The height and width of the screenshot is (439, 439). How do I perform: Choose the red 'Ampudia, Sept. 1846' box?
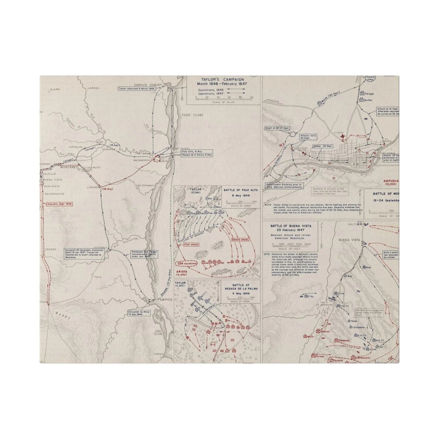tap(59, 204)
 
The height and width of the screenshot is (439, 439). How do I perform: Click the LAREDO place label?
tap(94, 88)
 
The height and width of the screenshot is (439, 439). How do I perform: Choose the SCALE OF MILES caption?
tap(224, 102)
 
